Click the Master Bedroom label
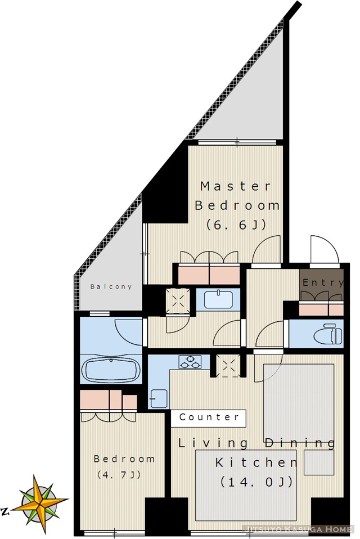click(237, 196)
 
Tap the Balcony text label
click(111, 286)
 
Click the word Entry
click(322, 282)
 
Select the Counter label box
click(209, 418)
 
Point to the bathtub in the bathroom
click(111, 370)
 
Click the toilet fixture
click(328, 334)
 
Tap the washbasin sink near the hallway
click(218, 299)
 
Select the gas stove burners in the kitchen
click(190, 362)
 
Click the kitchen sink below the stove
click(159, 399)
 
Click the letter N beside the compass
click(5, 512)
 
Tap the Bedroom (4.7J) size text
click(119, 475)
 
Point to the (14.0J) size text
click(256, 482)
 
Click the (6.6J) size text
click(236, 225)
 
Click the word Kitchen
click(256, 462)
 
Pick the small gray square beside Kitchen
click(319, 462)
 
